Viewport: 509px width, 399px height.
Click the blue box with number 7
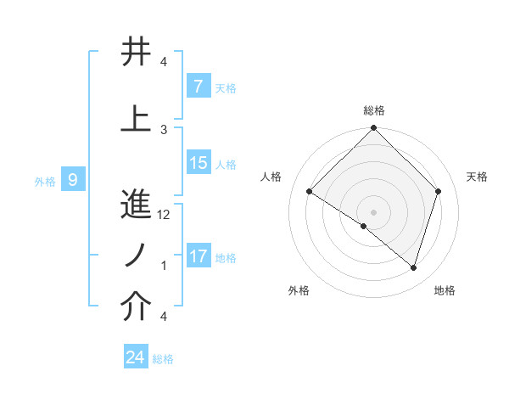pos(198,87)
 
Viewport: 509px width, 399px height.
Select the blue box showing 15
pos(199,163)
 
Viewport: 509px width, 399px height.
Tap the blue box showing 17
pos(199,256)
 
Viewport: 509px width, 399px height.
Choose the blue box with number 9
pos(74,179)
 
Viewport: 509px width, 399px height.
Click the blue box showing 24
pos(136,357)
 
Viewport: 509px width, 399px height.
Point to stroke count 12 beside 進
pos(165,215)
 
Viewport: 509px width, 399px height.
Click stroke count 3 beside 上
pos(164,129)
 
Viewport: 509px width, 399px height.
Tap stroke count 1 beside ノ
pos(164,266)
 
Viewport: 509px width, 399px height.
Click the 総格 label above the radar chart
pos(373,110)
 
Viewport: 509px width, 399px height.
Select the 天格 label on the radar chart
pos(478,177)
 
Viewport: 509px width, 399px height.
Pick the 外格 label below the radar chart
pos(299,290)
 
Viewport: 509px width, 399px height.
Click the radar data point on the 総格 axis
pos(373,128)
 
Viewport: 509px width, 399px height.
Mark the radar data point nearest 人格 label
pos(310,192)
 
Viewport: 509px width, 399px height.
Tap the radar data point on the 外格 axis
pos(364,226)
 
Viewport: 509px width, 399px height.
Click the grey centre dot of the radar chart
pos(373,211)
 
